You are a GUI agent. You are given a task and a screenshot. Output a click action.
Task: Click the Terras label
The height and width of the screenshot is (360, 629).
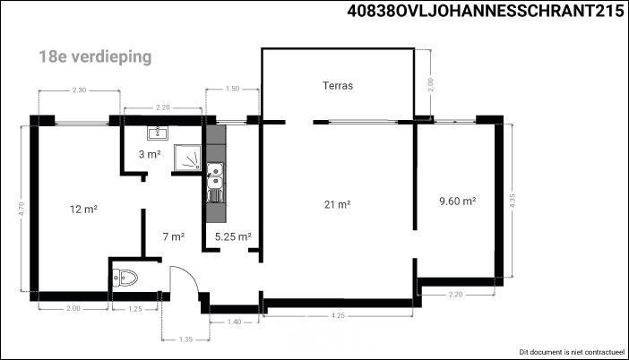[x=338, y=85]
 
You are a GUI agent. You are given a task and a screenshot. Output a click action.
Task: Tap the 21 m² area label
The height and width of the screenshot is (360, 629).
[x=338, y=204]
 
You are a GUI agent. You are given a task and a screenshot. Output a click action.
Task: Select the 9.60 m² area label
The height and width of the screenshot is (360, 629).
[x=457, y=201]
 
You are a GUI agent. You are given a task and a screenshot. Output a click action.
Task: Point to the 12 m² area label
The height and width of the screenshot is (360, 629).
[x=84, y=209]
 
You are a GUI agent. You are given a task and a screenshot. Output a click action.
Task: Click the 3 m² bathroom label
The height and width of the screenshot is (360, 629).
[x=150, y=154]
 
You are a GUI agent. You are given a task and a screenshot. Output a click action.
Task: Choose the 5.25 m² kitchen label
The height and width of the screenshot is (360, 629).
[x=233, y=236]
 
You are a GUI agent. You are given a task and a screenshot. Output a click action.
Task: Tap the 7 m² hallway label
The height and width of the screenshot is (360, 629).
[x=174, y=236]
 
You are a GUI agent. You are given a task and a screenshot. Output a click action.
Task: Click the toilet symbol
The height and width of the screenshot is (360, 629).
[x=125, y=278]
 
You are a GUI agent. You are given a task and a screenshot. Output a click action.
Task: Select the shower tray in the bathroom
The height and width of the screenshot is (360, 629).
[x=187, y=158]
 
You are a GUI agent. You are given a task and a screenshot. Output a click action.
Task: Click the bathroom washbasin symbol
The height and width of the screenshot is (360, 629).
[x=158, y=133]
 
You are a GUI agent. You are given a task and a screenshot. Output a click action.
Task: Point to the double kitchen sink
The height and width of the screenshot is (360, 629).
[x=215, y=183]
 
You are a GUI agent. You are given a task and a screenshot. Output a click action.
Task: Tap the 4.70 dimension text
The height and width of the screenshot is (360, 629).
[x=22, y=209]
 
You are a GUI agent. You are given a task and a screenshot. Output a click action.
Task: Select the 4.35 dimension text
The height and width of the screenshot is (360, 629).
[x=513, y=201]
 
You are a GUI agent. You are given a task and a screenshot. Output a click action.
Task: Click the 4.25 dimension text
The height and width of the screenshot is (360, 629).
[x=338, y=315]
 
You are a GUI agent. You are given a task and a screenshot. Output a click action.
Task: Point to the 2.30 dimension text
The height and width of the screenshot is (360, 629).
[x=79, y=90]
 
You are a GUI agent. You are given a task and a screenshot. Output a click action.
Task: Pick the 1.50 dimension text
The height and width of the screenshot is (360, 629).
[x=232, y=89]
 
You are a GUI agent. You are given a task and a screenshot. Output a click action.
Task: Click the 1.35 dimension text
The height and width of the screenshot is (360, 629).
[x=185, y=339]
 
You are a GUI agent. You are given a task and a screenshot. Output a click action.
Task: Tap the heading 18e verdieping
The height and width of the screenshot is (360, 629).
[x=95, y=56]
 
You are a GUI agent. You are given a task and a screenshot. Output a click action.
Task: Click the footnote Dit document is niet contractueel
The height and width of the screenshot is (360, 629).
[x=573, y=352]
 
